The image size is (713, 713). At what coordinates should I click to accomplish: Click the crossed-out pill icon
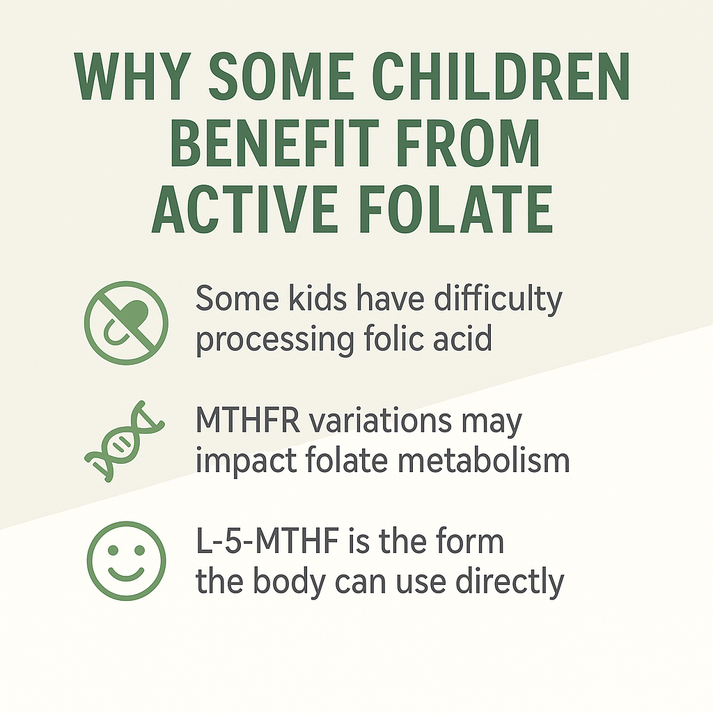[126, 322]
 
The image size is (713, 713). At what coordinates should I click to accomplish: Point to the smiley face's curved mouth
[126, 573]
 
